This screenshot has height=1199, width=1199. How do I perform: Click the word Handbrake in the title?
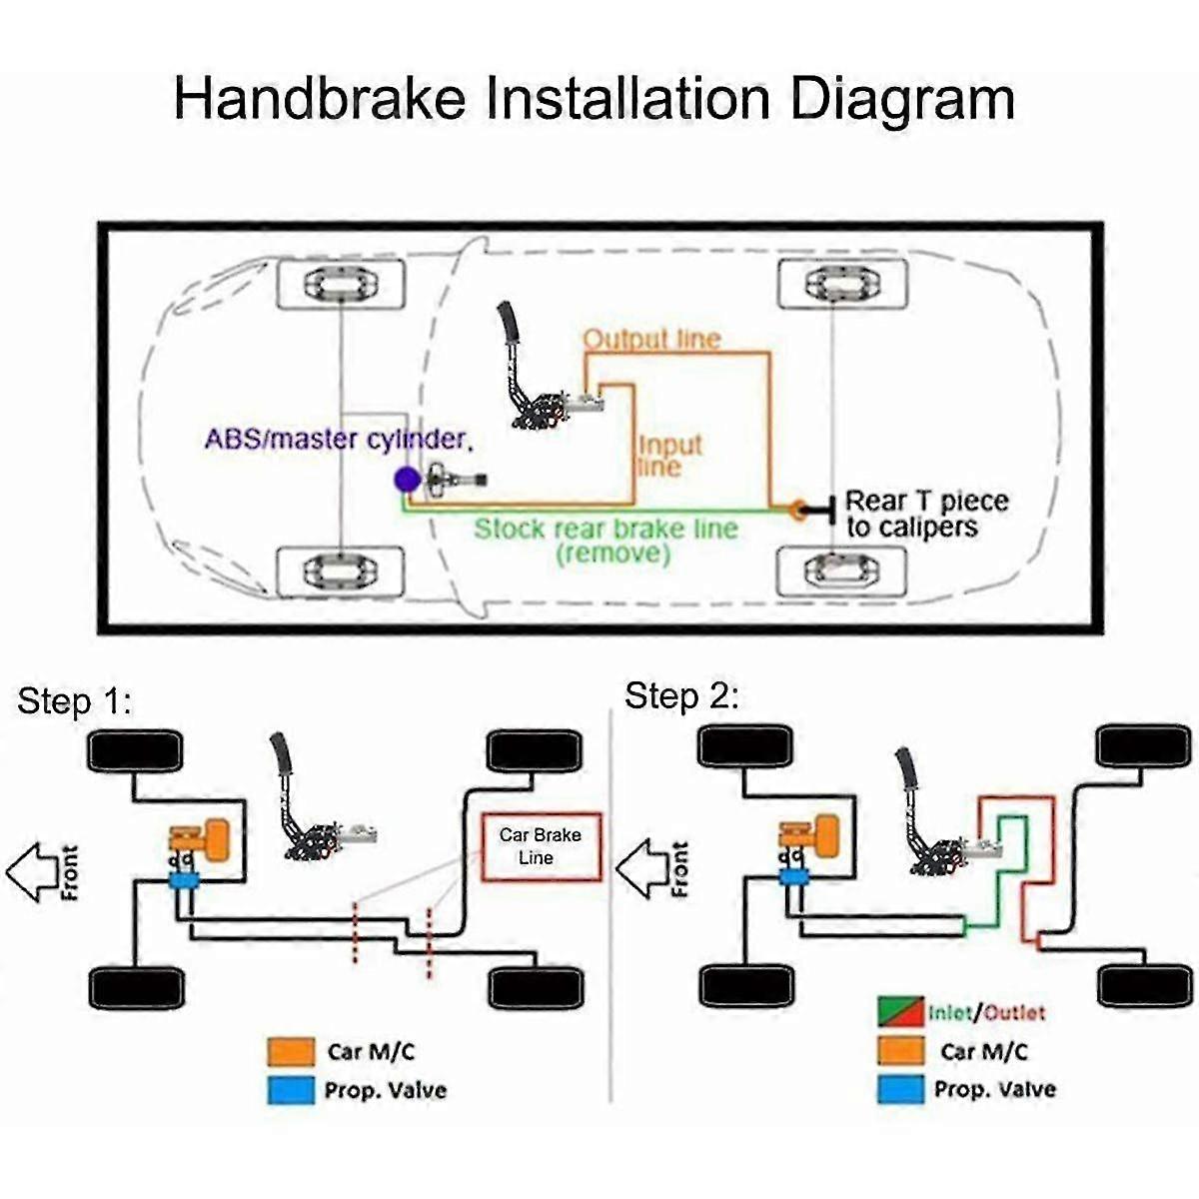click(x=320, y=98)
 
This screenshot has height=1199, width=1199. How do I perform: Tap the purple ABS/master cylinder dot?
click(x=407, y=480)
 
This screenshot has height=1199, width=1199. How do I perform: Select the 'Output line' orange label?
click(x=651, y=339)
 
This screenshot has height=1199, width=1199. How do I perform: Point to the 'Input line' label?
click(x=669, y=456)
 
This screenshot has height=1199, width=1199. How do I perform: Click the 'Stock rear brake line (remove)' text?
click(x=605, y=540)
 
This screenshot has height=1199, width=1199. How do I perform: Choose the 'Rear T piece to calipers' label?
click(x=926, y=514)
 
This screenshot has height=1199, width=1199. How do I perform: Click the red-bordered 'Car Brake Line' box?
click(x=541, y=846)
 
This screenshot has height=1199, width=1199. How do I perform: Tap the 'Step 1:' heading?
click(x=74, y=701)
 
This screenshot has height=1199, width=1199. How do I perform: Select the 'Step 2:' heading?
click(x=681, y=695)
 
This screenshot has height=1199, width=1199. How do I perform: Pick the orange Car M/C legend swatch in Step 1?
click(x=291, y=1051)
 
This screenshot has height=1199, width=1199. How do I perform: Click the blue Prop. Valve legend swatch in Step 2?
click(x=900, y=1089)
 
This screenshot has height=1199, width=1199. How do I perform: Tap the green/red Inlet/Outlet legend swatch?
click(x=900, y=1012)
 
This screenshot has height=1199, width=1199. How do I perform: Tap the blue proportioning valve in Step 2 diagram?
click(x=795, y=877)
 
